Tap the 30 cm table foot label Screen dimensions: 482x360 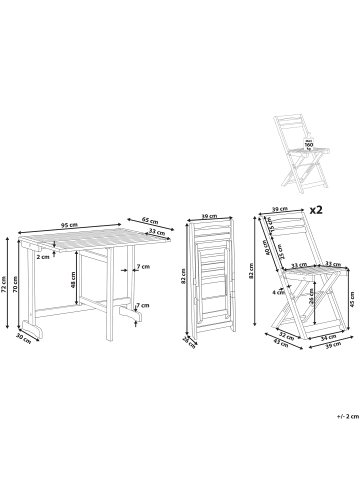coord(23,336)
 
